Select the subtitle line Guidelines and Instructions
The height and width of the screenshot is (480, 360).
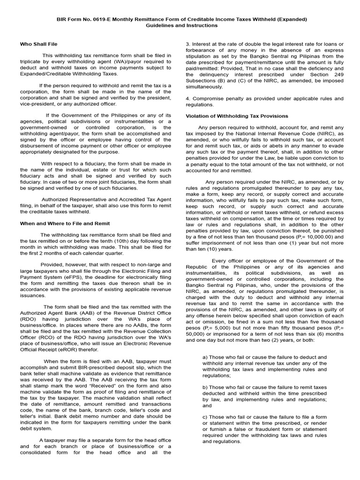(x=180, y=25)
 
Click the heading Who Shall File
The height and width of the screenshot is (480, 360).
(x=38, y=44)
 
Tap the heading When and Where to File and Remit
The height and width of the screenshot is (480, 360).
(x=65, y=224)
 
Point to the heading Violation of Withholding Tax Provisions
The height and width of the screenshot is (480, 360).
(x=237, y=116)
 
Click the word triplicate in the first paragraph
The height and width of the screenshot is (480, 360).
(x=32, y=62)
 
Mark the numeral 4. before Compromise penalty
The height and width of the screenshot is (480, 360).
(x=187, y=98)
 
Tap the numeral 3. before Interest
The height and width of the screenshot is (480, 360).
(x=187, y=44)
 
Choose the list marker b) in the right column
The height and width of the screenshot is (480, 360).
(x=205, y=387)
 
